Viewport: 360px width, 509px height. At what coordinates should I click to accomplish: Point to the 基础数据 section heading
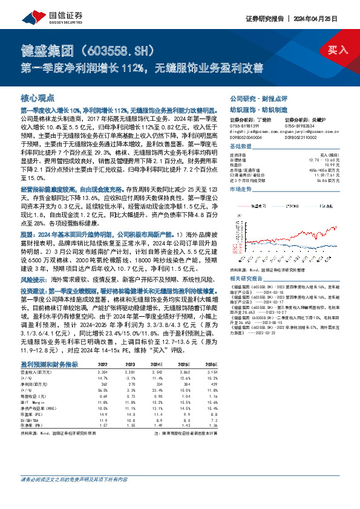click(x=241, y=146)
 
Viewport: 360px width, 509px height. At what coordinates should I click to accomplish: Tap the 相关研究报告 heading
click(x=246, y=262)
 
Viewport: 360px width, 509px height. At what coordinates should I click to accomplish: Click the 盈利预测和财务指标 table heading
click(x=49, y=365)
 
